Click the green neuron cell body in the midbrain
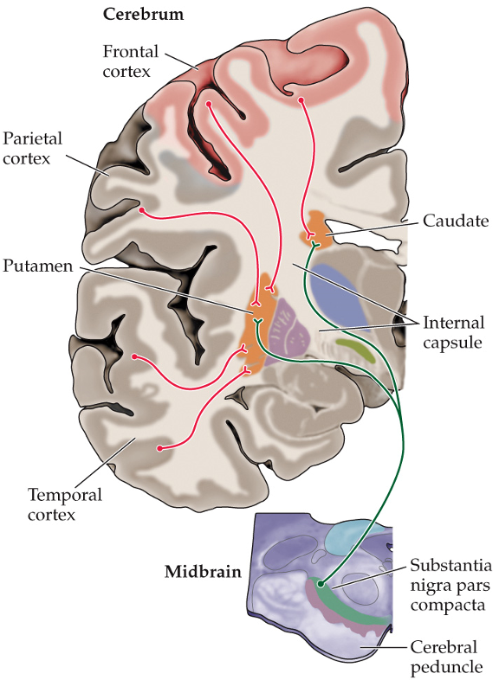(320, 584)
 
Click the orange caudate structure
(317, 227)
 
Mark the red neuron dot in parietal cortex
(141, 209)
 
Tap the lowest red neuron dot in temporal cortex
(159, 448)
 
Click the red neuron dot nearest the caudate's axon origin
(301, 101)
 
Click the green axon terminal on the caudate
(315, 246)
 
